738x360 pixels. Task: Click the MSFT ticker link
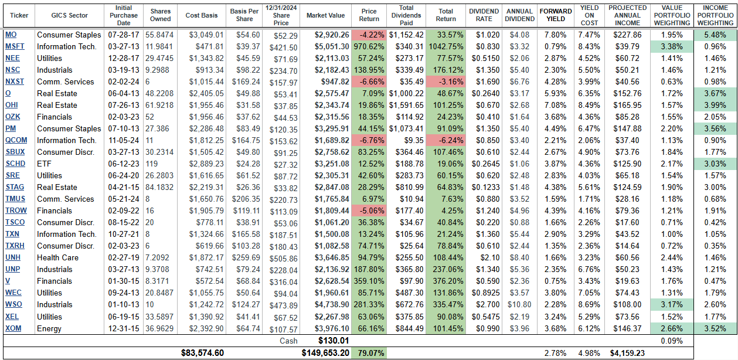[x=11, y=46]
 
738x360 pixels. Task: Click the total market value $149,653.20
[x=325, y=353]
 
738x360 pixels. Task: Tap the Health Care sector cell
[x=57, y=257]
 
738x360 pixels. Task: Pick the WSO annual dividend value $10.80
[x=519, y=304]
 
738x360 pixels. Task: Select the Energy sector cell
[x=49, y=328]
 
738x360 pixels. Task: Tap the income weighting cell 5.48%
[x=715, y=35]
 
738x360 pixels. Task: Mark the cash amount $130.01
[x=333, y=341]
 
